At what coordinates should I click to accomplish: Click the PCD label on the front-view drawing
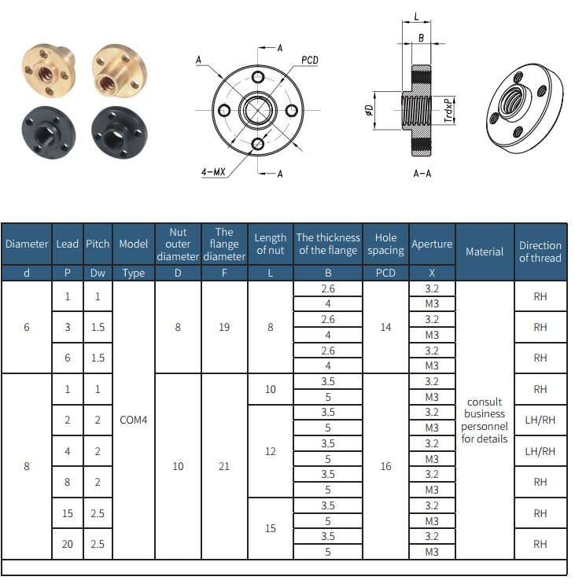coord(310,61)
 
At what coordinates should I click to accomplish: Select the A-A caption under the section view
coord(422,172)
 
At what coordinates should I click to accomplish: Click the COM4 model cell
coord(134,420)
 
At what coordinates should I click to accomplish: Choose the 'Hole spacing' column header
coord(385,244)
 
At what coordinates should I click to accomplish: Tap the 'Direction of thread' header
coord(540,252)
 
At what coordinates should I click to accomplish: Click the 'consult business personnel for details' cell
coord(485,420)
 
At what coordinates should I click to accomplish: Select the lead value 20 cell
coord(68,544)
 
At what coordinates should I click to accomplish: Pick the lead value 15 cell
coord(68,513)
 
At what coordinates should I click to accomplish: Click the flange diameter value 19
coord(224,327)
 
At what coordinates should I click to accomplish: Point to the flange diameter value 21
coord(224,466)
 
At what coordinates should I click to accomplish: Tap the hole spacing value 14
coord(385,327)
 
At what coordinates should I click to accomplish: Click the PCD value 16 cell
coord(385,466)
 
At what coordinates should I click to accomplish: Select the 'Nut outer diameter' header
coord(178,244)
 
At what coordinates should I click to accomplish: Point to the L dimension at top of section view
coord(415,15)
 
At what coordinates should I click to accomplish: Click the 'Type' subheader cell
coord(134,274)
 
